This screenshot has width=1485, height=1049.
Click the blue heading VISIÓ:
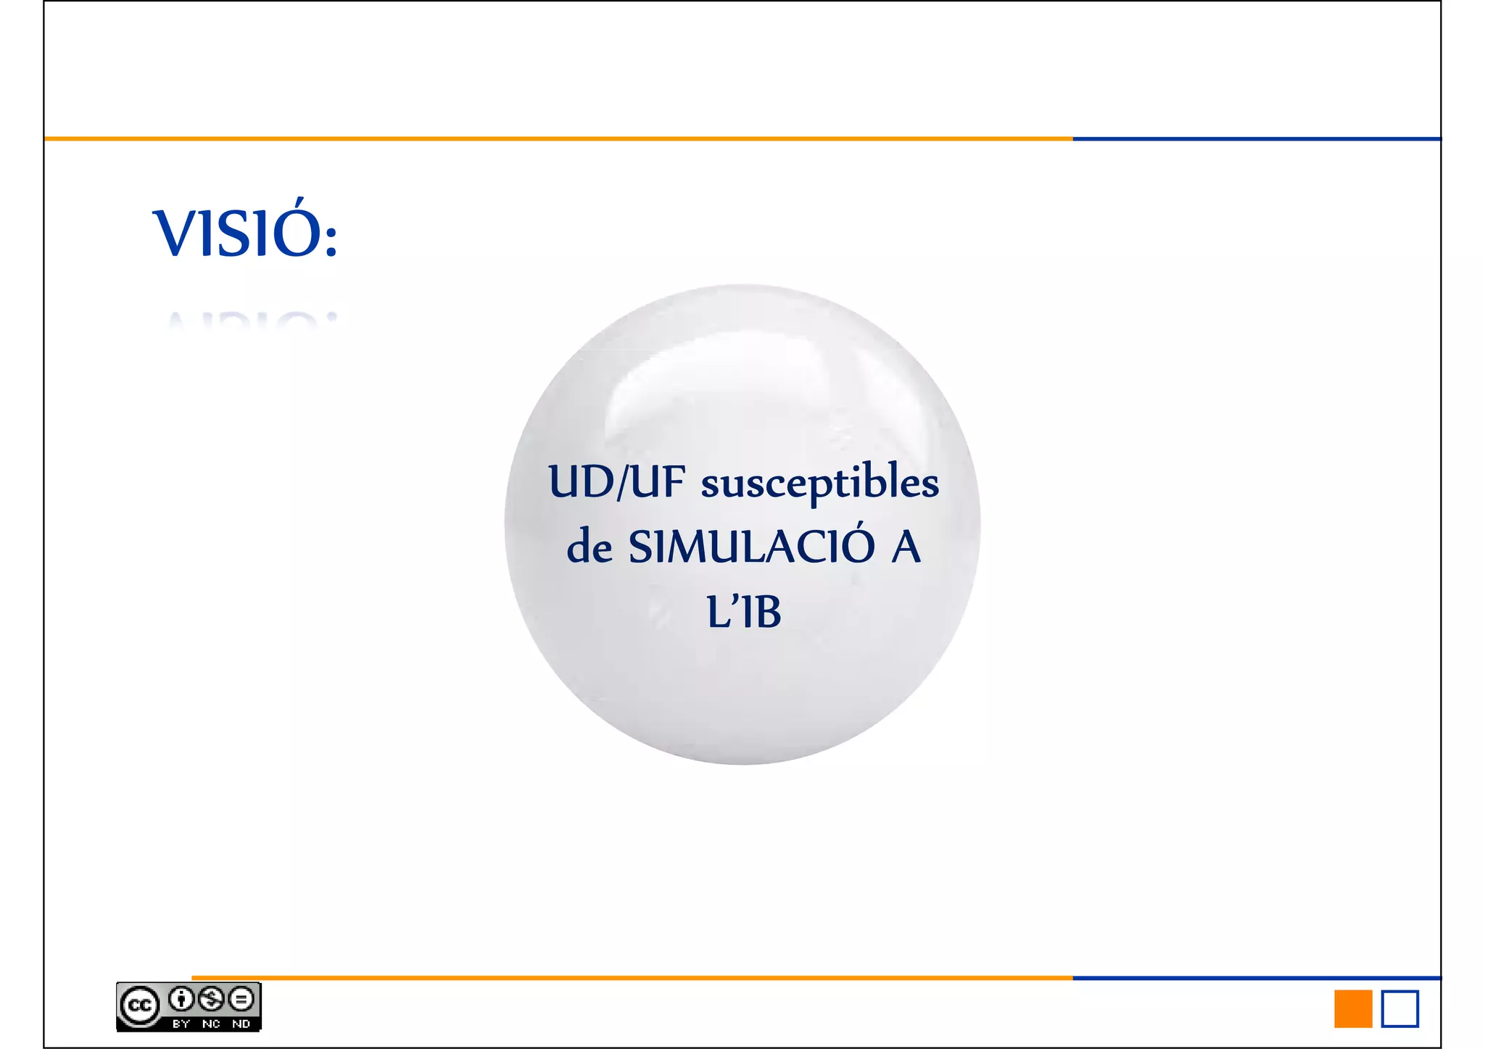(244, 233)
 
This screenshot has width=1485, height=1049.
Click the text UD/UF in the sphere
(616, 482)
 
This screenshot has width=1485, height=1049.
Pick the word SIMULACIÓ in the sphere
(751, 547)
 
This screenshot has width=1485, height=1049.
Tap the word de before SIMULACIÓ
(590, 547)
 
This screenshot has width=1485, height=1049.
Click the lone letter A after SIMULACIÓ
(906, 547)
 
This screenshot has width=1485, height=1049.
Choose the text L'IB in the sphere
(744, 611)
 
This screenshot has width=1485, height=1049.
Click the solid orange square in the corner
(1353, 1008)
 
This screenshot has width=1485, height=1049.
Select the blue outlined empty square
(1399, 1008)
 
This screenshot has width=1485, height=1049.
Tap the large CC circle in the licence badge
(139, 1006)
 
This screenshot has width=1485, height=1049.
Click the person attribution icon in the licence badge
(181, 999)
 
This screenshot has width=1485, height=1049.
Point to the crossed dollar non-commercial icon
(211, 999)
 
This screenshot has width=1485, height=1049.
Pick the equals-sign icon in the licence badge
(241, 999)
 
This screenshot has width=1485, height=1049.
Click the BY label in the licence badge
(181, 1024)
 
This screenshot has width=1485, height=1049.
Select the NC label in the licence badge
(211, 1024)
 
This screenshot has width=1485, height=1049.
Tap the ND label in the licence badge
(241, 1024)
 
